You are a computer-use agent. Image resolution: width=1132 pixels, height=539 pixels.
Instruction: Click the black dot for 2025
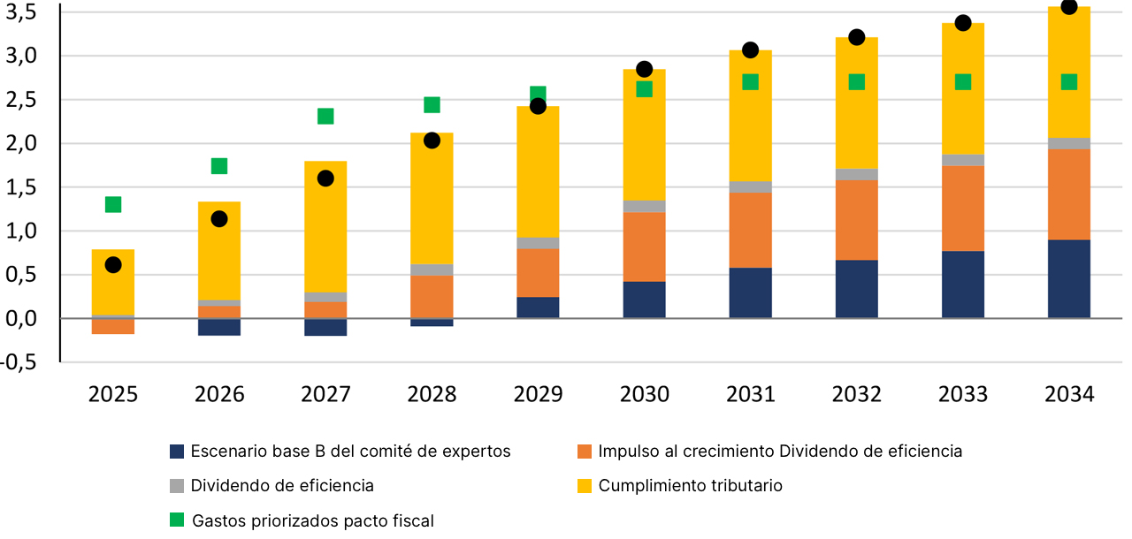point(113,265)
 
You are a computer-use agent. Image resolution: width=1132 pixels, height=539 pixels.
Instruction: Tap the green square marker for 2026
point(219,166)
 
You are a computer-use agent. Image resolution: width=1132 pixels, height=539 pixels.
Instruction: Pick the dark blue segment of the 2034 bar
point(1068,279)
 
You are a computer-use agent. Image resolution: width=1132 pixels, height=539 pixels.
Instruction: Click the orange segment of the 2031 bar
point(750,230)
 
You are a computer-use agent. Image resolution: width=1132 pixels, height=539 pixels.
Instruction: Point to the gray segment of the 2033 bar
point(962,160)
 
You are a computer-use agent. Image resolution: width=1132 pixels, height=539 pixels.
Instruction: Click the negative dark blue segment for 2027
point(325,327)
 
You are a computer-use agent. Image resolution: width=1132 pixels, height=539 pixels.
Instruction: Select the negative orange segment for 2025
point(113,326)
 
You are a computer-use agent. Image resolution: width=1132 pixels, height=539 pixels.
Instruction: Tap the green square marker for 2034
point(1068,82)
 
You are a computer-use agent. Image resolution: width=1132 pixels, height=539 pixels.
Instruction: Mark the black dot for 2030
point(644,69)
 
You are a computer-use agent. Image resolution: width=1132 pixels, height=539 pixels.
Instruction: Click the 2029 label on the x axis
point(538,394)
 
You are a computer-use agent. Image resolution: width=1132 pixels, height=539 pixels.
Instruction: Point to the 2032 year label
point(856,394)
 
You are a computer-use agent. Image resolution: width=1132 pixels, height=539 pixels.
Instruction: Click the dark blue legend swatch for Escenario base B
point(177,452)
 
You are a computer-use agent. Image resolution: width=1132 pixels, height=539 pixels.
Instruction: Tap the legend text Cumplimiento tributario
point(690,485)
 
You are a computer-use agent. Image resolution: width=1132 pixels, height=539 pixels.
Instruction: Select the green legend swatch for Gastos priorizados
point(177,520)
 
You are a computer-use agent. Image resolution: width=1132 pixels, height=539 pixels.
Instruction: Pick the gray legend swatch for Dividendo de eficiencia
point(177,485)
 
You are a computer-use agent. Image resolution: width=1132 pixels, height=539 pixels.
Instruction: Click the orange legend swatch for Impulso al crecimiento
point(584,452)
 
